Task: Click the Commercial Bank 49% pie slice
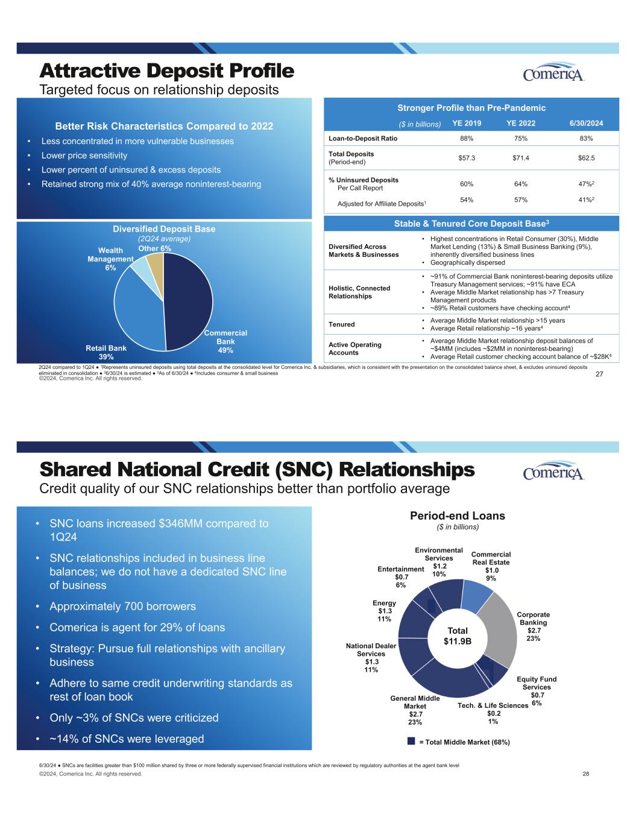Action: click(x=190, y=301)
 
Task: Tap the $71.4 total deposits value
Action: click(x=521, y=157)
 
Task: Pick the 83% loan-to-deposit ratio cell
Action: click(x=586, y=138)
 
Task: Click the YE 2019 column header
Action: click(x=467, y=124)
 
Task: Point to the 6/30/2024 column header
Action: click(x=586, y=124)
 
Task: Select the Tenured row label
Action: click(x=342, y=324)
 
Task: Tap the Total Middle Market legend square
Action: click(x=411, y=741)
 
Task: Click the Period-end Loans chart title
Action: click(x=458, y=516)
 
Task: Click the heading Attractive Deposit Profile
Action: click(x=167, y=71)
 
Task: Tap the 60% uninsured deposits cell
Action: click(x=467, y=184)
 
